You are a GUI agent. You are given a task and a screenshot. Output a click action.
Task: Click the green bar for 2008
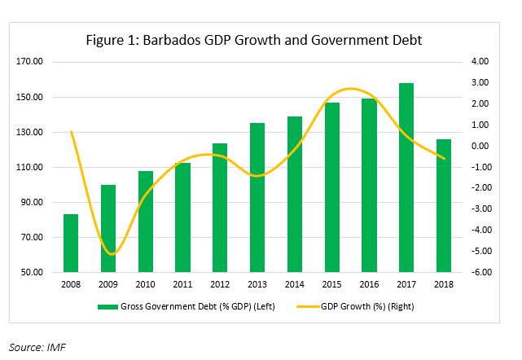point(72,244)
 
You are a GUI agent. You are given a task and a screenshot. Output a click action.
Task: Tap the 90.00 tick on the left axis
point(33,203)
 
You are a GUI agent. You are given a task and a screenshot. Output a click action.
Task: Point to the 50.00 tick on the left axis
point(33,273)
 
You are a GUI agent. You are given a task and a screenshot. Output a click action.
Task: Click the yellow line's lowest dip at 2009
point(110,254)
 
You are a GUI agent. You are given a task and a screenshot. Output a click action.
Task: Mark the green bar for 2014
point(295,195)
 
